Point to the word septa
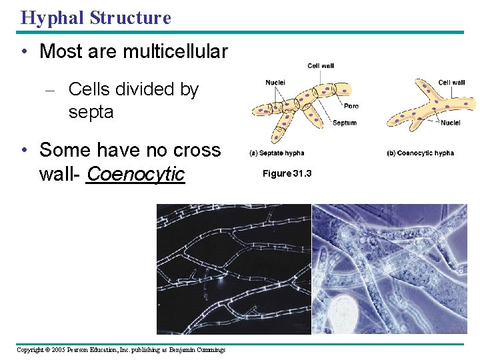pos(91,112)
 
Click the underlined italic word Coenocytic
pos(135,174)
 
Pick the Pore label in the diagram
pos(351,106)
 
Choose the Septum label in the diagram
pos(345,123)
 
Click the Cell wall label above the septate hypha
pos(320,65)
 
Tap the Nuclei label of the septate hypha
pos(275,83)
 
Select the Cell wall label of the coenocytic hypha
pos(451,83)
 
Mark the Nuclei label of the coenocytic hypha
pos(450,123)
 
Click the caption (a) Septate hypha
pos(277,153)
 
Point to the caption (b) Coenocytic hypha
pos(420,153)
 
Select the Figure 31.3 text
pos(287,173)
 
